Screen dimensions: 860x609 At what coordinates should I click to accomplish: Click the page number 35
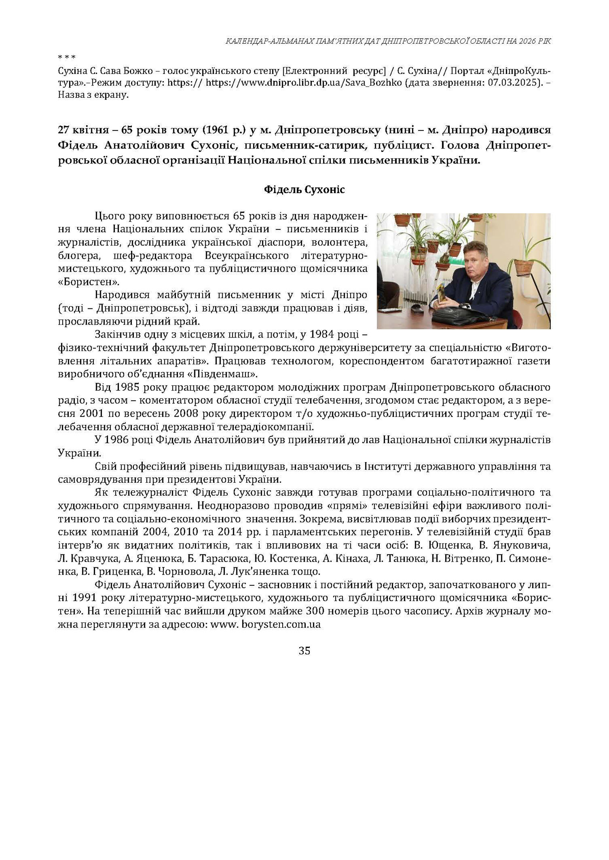click(304, 651)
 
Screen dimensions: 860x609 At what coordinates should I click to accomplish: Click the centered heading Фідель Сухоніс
click(304, 190)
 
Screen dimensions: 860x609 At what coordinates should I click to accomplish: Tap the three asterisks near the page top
click(67, 57)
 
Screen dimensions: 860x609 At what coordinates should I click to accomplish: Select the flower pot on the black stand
click(524, 266)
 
